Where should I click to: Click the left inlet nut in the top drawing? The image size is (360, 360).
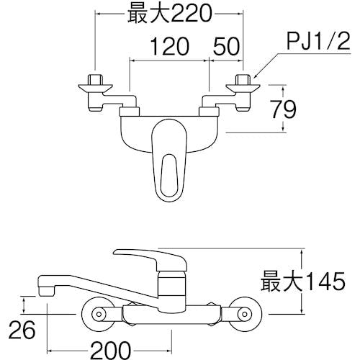[94, 80]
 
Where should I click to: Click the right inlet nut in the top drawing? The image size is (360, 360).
[243, 80]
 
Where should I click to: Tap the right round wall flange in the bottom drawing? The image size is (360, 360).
[245, 310]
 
